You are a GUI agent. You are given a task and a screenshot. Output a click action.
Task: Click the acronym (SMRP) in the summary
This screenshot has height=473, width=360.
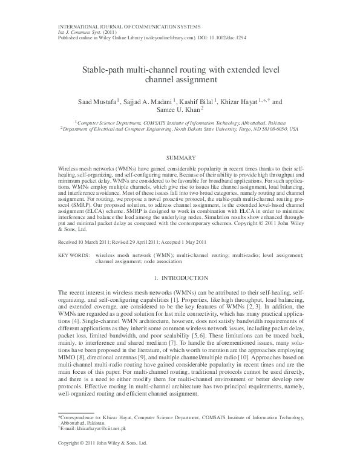(x=80, y=206)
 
